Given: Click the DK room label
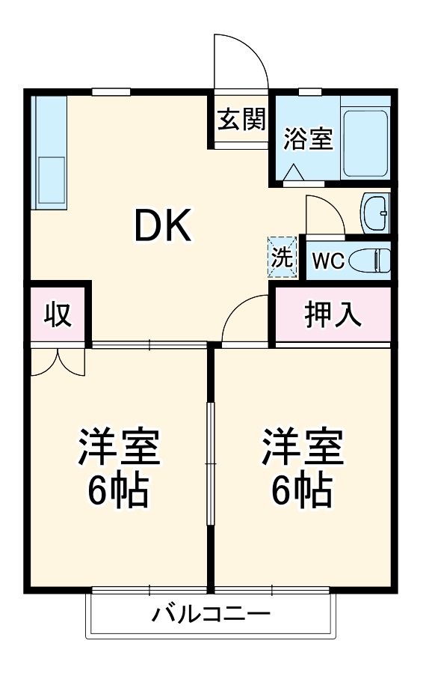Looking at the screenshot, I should coord(163,225).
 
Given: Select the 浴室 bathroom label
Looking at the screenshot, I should coord(308,138).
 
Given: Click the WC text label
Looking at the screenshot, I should coord(327,261).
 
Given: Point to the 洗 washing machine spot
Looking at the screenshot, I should coord(282,257).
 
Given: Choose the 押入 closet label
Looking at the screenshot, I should coord(333,314).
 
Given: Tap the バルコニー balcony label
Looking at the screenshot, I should coord(211,615).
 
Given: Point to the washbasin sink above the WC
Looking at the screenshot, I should coord(374,213).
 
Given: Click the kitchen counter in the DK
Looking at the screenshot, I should coord(50,153).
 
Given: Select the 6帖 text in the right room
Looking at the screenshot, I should coord(302,490).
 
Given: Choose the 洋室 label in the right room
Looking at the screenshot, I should coord(302,448).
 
